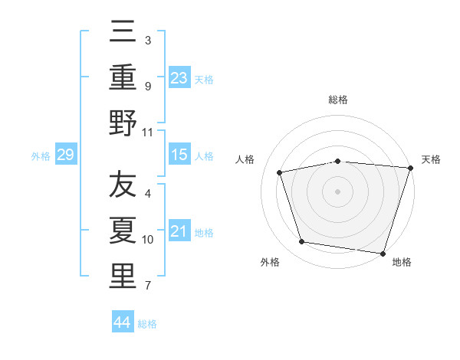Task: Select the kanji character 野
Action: [x=123, y=123]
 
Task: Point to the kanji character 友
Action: [x=123, y=185]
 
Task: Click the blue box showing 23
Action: [x=179, y=78]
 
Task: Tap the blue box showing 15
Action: [x=179, y=155]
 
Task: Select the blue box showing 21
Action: [x=179, y=231]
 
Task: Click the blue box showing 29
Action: [x=65, y=155]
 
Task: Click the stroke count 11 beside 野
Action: [x=148, y=132]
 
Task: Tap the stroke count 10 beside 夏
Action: [x=148, y=240]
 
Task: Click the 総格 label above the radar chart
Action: [x=338, y=100]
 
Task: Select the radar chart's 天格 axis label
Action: [x=431, y=159]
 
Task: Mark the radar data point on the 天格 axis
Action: [x=410, y=168]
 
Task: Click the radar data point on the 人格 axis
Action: [x=280, y=172]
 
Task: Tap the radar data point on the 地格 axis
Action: [x=383, y=253]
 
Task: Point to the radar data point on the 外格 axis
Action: [x=302, y=242]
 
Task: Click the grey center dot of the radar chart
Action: [x=338, y=191]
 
